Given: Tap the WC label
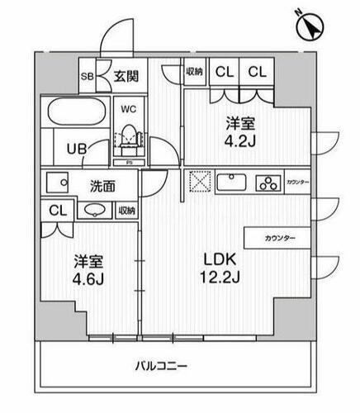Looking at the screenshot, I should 129,108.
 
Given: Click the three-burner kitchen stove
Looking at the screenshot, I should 269,183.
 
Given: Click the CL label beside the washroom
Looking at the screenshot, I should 55,210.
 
